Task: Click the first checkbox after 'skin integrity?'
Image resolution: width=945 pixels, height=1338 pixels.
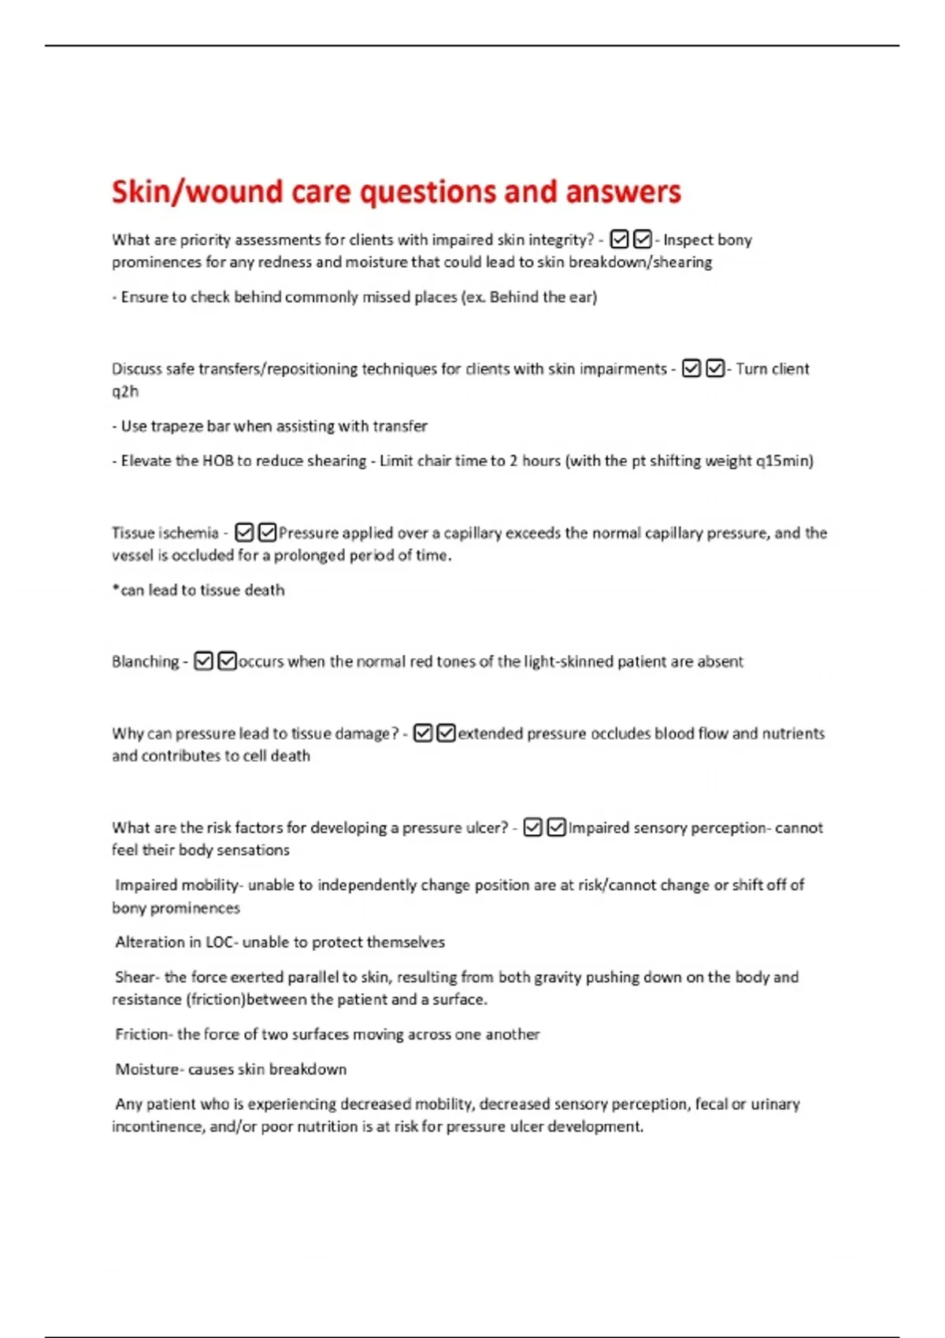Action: (620, 239)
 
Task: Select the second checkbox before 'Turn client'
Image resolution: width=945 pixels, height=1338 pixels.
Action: (715, 368)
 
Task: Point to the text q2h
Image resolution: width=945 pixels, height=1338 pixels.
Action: (125, 392)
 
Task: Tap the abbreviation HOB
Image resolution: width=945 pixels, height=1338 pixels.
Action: (217, 461)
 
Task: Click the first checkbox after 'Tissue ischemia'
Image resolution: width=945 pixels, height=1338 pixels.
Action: (244, 533)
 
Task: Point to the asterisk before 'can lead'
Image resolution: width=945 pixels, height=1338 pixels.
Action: (116, 590)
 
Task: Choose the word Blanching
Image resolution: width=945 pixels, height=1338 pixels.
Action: (146, 662)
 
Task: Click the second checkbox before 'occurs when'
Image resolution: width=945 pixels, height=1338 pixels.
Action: (227, 661)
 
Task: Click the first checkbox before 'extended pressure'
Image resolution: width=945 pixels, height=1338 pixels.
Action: (423, 734)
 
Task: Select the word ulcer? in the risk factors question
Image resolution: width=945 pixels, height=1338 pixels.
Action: (481, 828)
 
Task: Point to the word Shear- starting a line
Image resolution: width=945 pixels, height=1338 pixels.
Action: (137, 978)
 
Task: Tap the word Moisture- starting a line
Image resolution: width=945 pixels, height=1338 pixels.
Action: (150, 1070)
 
